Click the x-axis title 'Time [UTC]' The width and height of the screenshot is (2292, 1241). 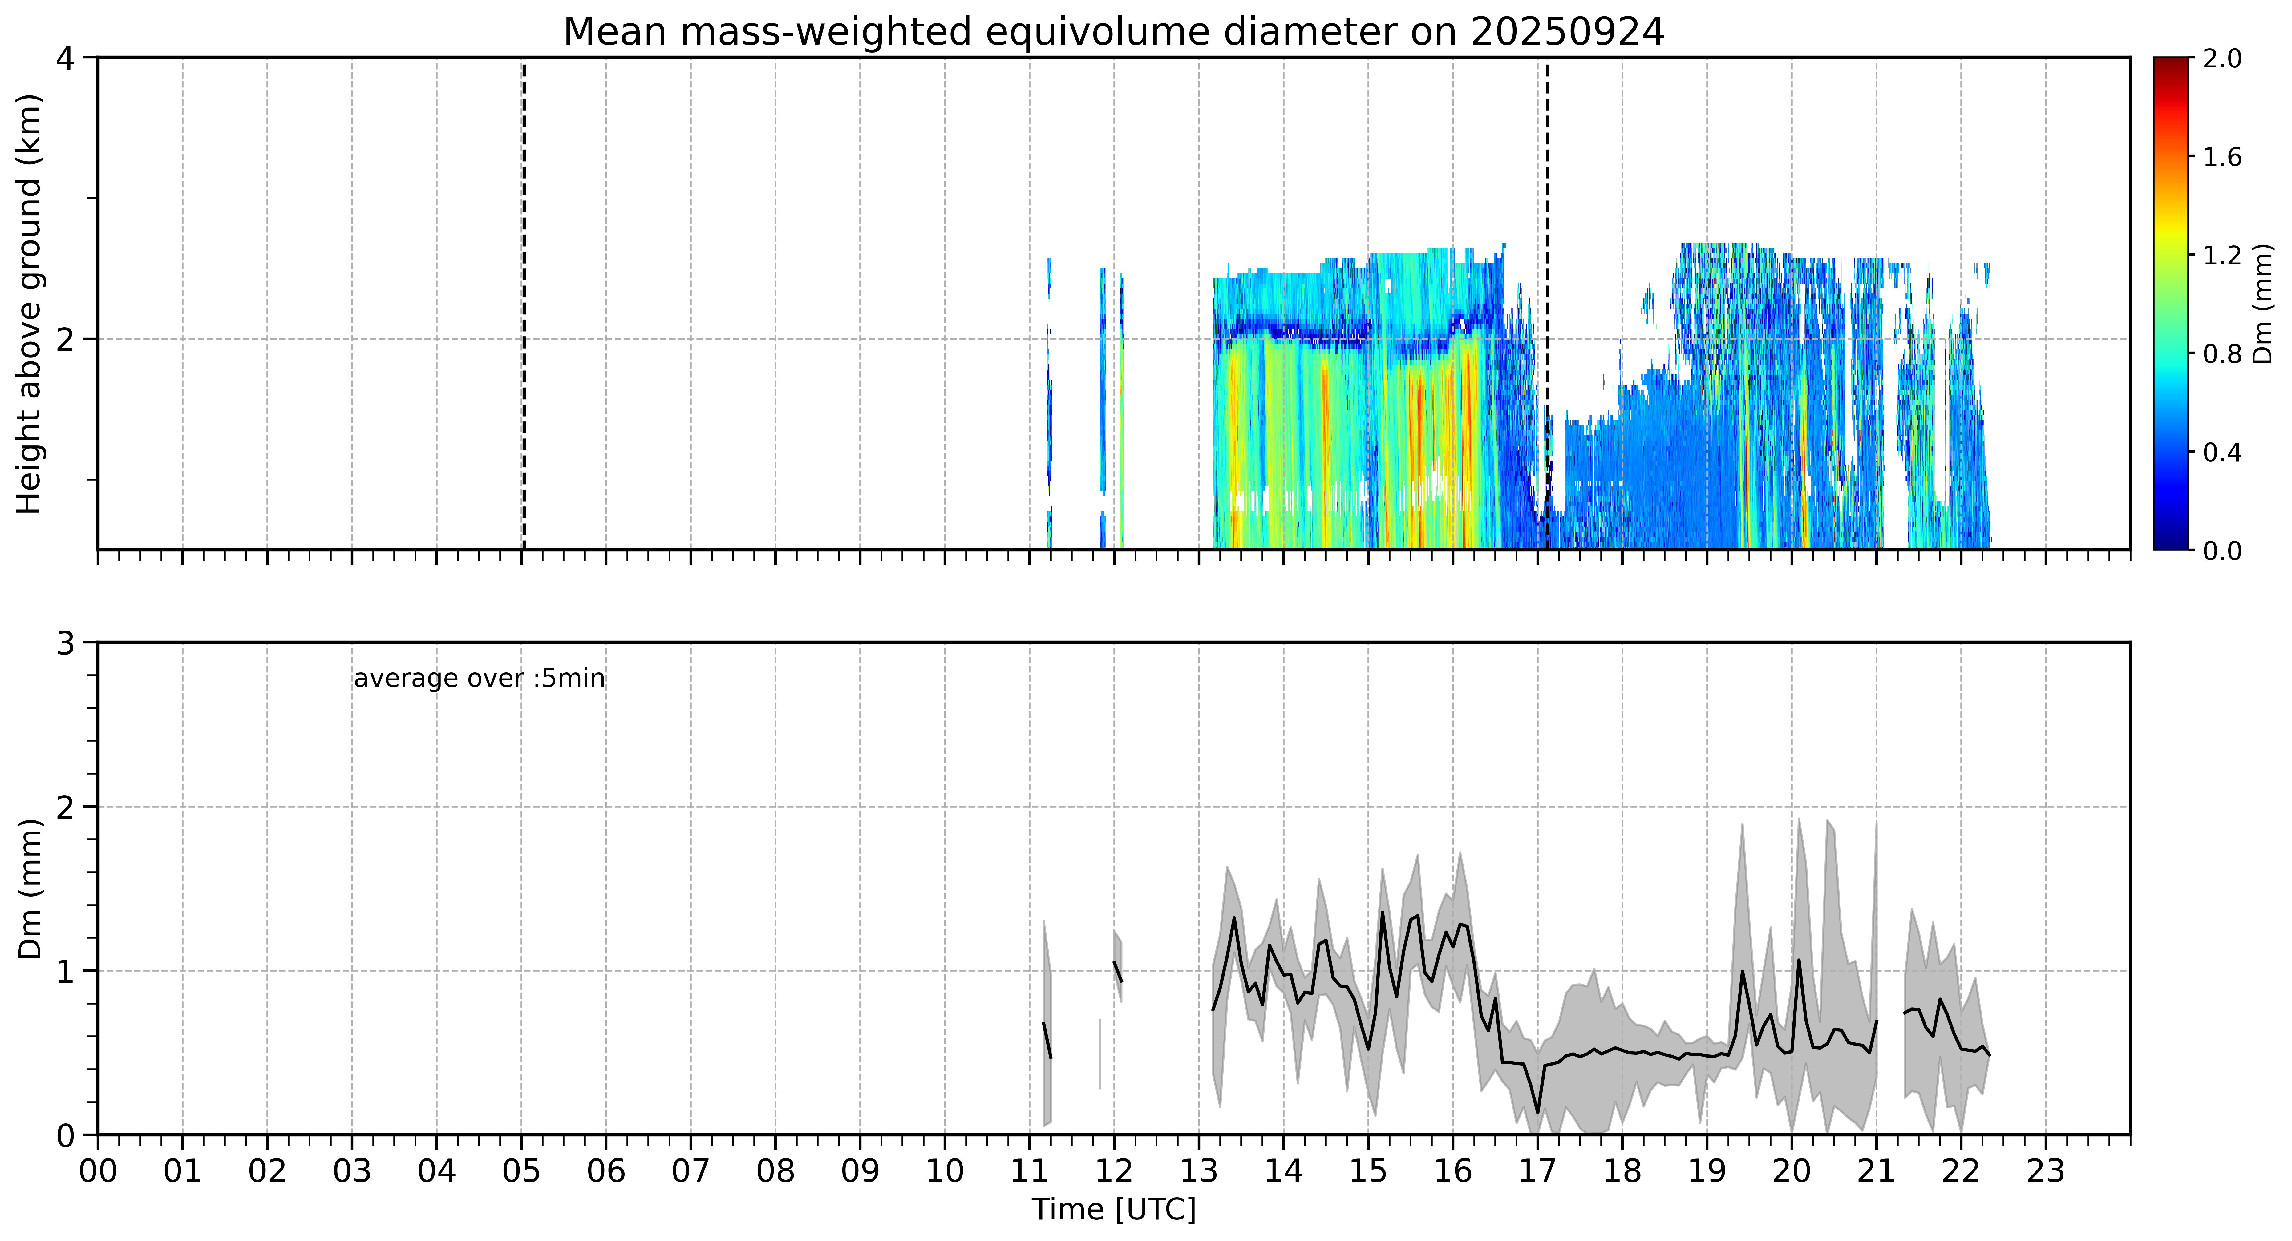point(1114,1210)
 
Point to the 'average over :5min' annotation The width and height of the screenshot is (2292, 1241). point(479,679)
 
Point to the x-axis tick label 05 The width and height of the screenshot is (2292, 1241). point(521,1171)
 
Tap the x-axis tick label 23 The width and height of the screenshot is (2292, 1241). point(2046,1171)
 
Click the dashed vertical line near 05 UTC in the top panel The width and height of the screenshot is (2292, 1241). point(523,303)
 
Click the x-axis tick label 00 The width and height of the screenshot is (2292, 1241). point(98,1171)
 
